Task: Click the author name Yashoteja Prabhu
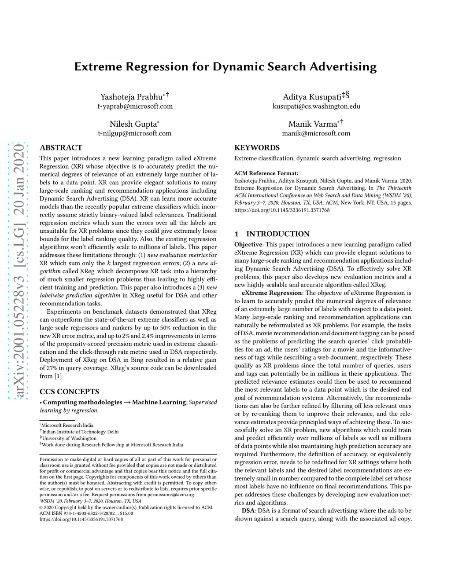coord(131,97)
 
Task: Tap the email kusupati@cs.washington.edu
coord(316,106)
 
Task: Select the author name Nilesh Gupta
coord(133,124)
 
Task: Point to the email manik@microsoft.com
coord(316,133)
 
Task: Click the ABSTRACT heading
coord(61,148)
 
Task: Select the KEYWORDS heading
coord(257,148)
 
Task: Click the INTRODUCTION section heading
coord(278,234)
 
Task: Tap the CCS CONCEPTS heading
coord(69,392)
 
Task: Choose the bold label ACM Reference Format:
coord(266,173)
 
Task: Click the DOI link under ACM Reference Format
coord(282,210)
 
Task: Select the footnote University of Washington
coord(69,438)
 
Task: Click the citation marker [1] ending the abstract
coord(58,376)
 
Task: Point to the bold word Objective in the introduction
coord(248,245)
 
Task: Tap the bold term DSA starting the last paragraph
coord(248,511)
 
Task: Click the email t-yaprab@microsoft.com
coord(135,106)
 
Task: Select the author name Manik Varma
coord(313,124)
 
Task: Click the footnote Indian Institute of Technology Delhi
coord(80,432)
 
